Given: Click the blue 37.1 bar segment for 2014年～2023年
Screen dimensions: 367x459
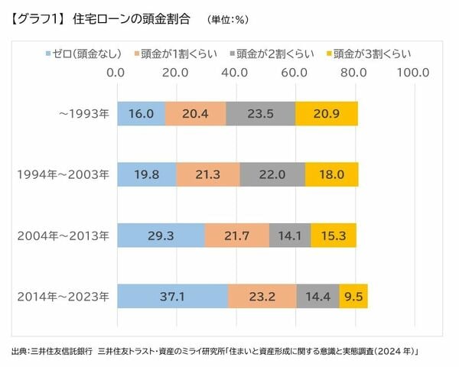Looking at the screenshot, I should tap(172, 296).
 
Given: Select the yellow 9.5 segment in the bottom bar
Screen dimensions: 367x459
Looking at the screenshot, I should tap(353, 296).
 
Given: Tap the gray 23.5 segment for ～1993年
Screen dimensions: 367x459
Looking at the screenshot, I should tap(261, 113).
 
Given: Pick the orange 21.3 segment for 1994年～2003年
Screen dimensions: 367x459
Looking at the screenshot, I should tap(208, 174).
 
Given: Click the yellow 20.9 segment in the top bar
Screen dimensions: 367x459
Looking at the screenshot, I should tap(327, 113).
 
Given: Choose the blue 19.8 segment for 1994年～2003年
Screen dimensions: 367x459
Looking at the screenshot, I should tap(146, 174).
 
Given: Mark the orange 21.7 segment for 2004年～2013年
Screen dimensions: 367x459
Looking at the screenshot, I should tap(237, 235).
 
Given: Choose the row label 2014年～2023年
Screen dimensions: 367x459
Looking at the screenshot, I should tap(63, 296).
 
